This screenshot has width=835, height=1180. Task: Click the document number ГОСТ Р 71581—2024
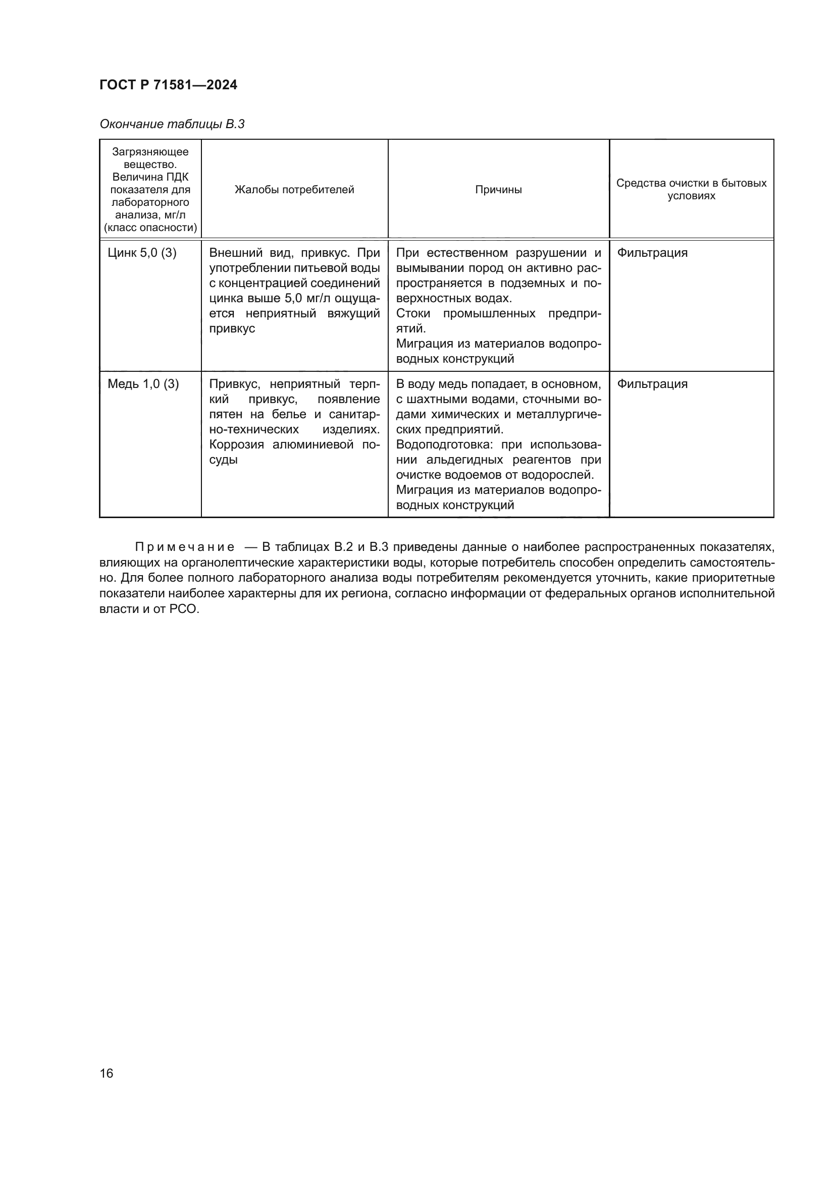168,85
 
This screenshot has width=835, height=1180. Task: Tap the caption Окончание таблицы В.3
172,124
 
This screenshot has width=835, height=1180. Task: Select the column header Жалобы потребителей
294,190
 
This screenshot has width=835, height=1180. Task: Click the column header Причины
498,190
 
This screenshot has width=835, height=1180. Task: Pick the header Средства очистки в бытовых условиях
691,189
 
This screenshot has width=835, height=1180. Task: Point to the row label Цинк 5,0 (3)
142,253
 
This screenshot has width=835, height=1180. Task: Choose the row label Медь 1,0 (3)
143,384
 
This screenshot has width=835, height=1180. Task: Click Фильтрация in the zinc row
652,253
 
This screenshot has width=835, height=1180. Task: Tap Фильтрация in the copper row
652,384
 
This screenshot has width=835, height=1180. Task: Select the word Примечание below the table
185,547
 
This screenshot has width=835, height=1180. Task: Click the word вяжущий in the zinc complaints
354,313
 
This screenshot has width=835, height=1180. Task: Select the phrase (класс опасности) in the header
150,228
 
